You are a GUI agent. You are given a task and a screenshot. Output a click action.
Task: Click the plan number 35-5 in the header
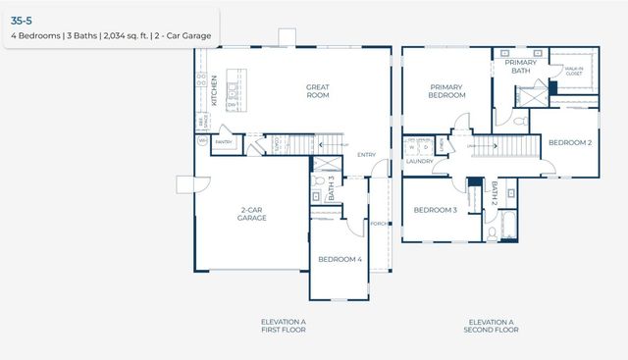21,19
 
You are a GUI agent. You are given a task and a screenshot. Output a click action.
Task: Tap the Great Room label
317,91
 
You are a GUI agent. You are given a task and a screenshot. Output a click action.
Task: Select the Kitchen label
214,90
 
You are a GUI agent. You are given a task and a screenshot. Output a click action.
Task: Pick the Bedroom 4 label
340,259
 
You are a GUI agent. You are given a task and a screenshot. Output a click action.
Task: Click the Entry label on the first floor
367,154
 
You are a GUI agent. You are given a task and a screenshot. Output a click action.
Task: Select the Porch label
377,223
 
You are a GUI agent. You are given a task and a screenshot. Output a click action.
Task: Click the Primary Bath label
521,66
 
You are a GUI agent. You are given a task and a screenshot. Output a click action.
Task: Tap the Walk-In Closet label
573,71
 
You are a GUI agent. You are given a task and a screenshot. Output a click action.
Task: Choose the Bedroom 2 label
569,143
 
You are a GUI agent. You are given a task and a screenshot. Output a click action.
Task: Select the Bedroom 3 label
435,210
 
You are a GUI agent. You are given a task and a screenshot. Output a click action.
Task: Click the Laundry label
421,162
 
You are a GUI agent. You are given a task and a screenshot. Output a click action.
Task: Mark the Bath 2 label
495,193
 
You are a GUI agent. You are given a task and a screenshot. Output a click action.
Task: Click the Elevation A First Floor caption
283,326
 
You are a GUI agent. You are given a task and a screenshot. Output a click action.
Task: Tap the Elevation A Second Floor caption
492,326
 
